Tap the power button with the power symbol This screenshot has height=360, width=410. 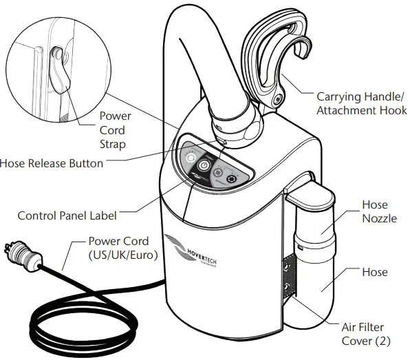click(x=204, y=166)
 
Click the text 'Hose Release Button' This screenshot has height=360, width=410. click(x=52, y=163)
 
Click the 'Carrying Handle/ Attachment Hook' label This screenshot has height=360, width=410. click(x=361, y=103)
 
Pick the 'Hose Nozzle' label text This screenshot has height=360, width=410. click(x=375, y=211)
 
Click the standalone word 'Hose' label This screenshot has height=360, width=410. click(x=375, y=272)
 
